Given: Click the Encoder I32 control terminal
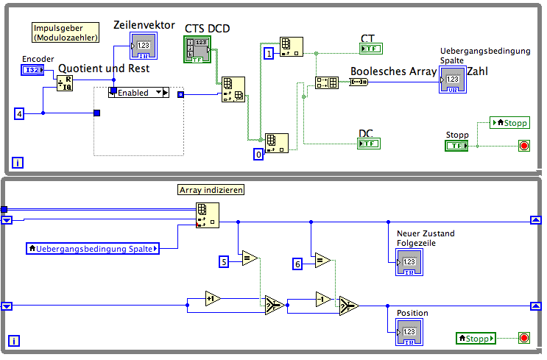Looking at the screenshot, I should [32, 70].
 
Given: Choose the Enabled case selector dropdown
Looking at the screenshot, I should [138, 92].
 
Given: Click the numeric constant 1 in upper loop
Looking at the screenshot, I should [269, 53].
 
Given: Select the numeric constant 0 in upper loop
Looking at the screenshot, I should [258, 154].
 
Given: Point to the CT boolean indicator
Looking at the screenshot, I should [370, 49].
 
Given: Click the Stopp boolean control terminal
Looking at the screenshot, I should [456, 146].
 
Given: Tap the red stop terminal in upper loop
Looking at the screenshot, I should [523, 145].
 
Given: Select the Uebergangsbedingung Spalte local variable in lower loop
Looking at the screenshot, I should [93, 249].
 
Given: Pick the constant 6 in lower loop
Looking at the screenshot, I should [297, 263].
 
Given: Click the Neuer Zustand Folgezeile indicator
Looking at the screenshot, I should [408, 261].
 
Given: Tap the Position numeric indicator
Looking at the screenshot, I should [408, 332].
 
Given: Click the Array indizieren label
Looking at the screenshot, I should [211, 190].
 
